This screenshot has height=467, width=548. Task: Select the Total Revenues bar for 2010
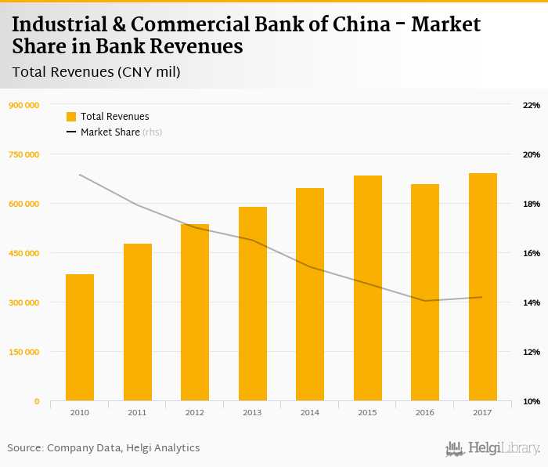pyautogui.click(x=80, y=338)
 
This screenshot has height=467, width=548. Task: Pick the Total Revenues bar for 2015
pyautogui.click(x=368, y=288)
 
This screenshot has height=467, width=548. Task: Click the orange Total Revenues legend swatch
pyautogui.click(x=71, y=117)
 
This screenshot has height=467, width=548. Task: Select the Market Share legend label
pyautogui.click(x=110, y=132)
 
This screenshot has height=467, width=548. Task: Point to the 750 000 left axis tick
pyautogui.click(x=23, y=154)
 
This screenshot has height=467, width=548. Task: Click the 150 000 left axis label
pyautogui.click(x=23, y=352)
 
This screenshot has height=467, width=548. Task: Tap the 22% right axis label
pyautogui.click(x=531, y=105)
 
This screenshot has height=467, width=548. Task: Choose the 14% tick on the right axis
pyautogui.click(x=531, y=302)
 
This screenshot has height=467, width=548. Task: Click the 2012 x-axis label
pyautogui.click(x=194, y=412)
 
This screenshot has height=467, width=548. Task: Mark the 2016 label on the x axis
pyautogui.click(x=425, y=412)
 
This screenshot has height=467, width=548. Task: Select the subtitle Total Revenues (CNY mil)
pyautogui.click(x=96, y=73)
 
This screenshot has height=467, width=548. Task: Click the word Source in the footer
pyautogui.click(x=24, y=448)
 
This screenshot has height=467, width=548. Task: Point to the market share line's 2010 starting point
pyautogui.click(x=80, y=175)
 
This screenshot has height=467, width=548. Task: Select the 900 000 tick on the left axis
pyautogui.click(x=23, y=105)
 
